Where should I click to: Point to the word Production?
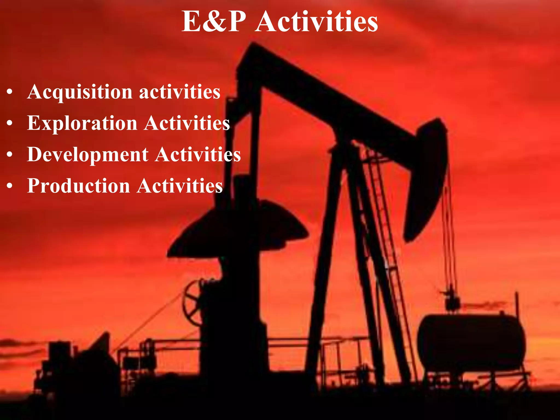click(x=78, y=186)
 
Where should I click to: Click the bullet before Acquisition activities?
click(x=10, y=92)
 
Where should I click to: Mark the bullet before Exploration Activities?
click(x=10, y=124)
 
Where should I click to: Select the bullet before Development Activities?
click(x=10, y=155)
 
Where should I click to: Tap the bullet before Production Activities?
click(x=10, y=186)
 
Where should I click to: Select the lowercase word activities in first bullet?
click(x=180, y=92)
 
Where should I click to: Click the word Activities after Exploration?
click(x=187, y=123)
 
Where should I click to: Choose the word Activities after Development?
click(x=198, y=154)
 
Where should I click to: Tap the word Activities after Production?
click(x=180, y=186)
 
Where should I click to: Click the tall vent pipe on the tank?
click(x=517, y=304)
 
